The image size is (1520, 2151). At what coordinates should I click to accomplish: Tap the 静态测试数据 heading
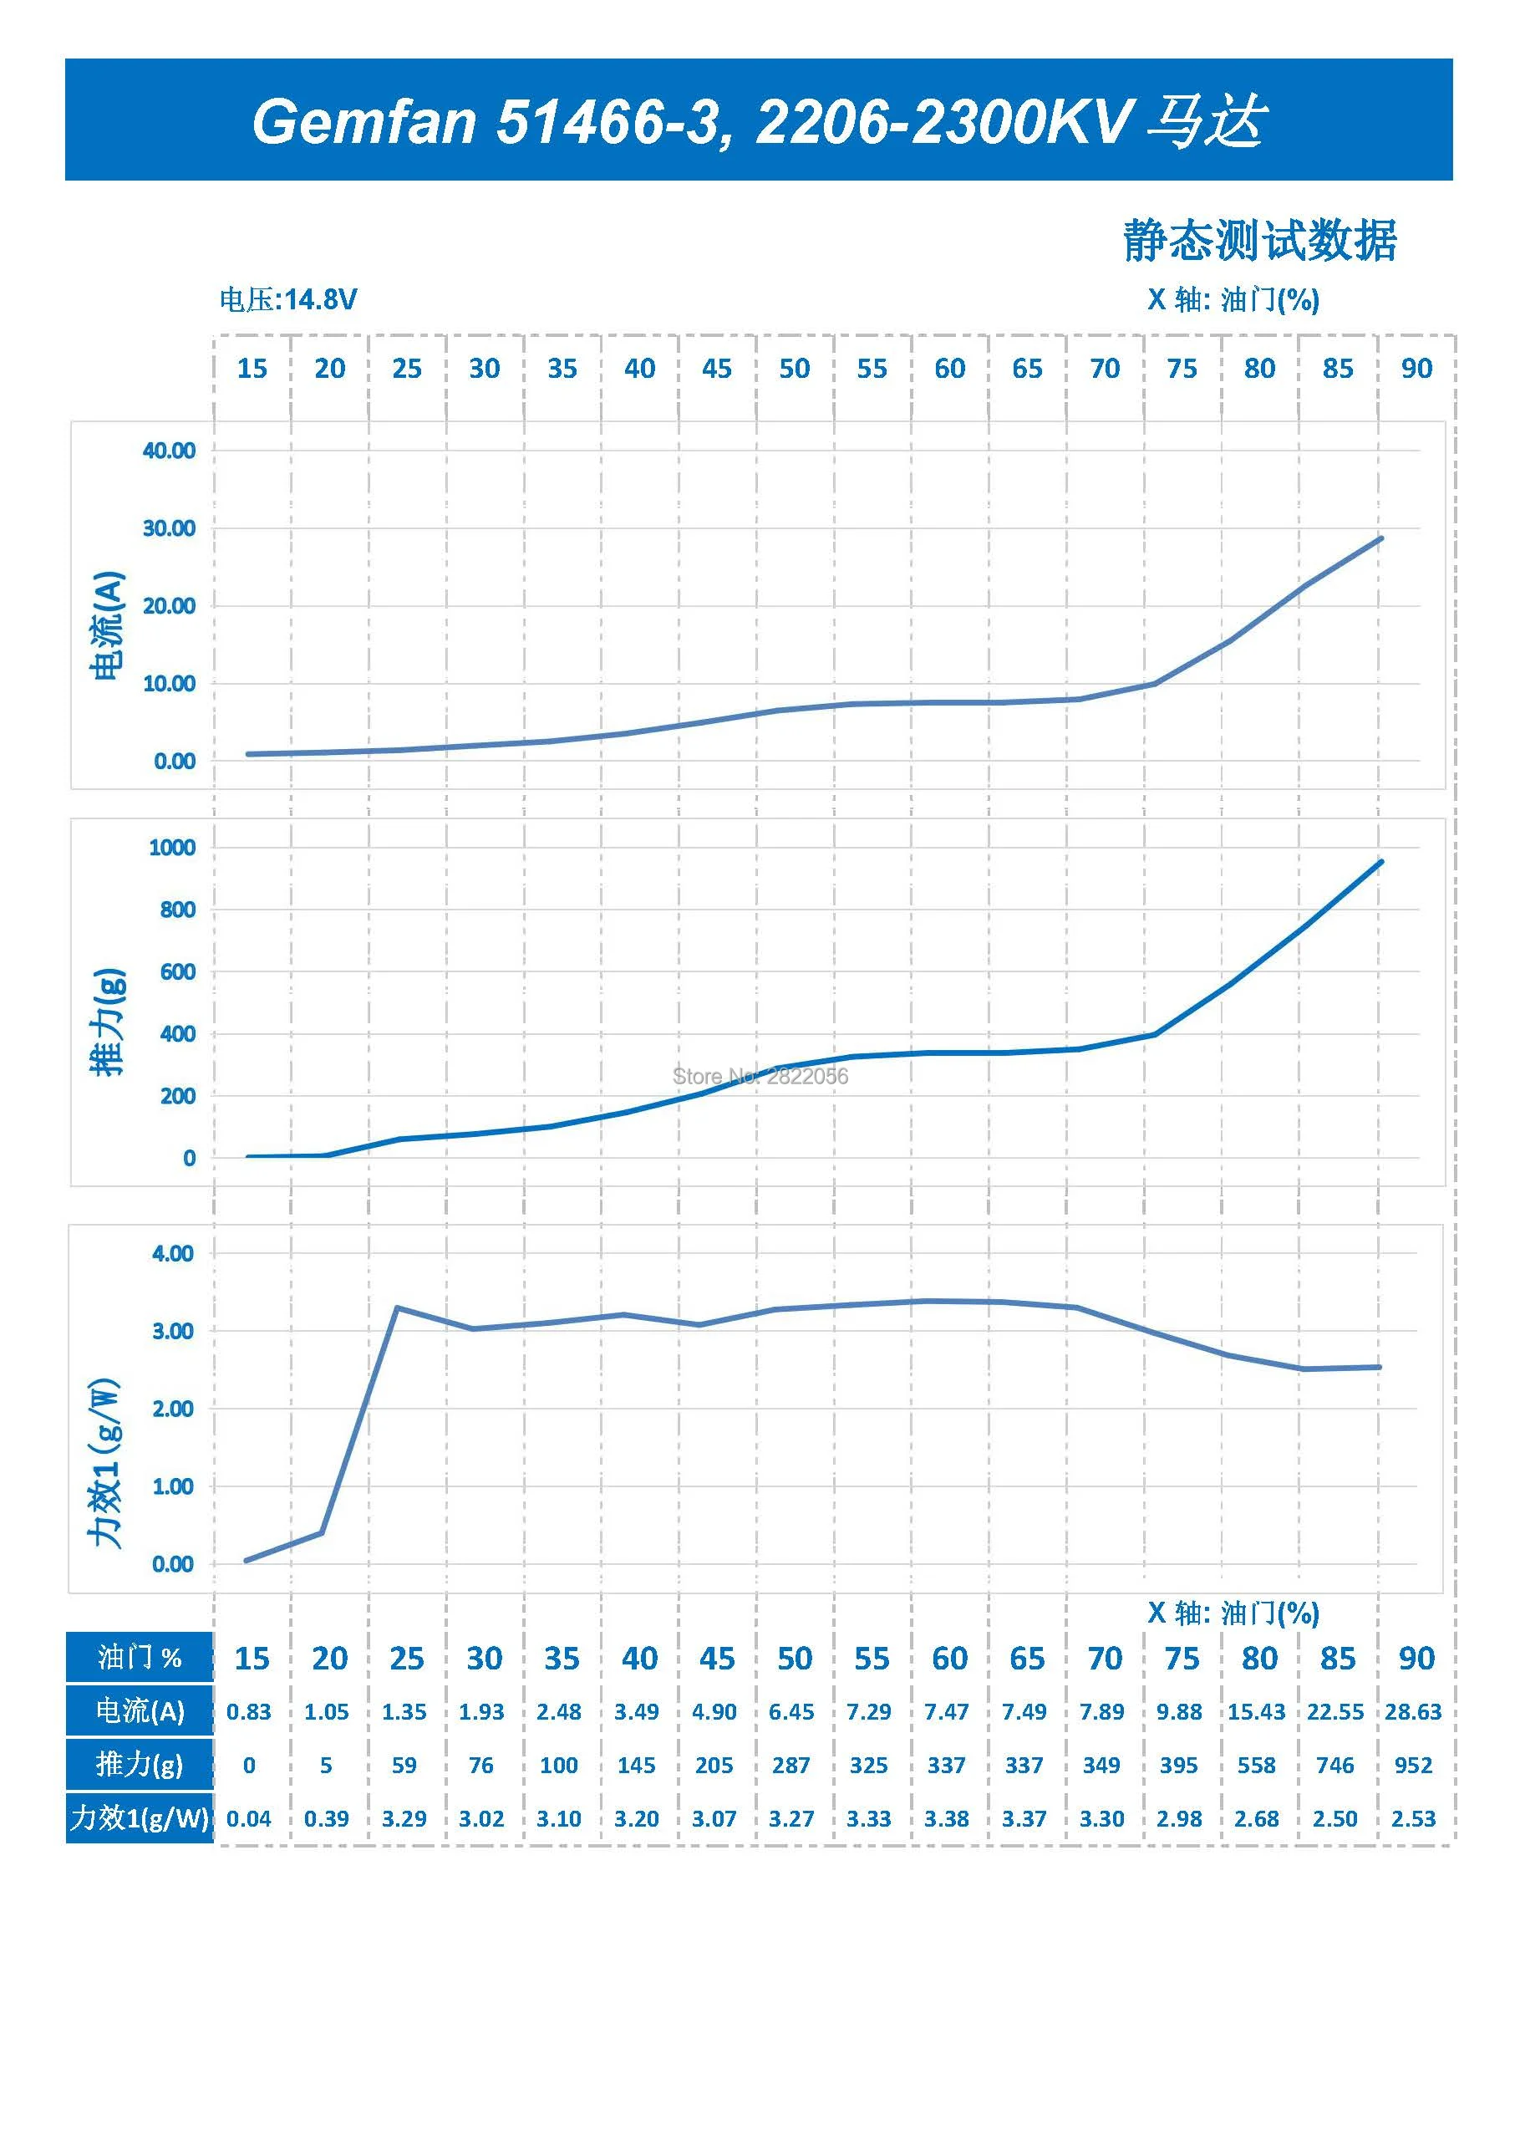tap(1259, 241)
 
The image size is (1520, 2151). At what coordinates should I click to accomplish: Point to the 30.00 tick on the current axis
tap(170, 528)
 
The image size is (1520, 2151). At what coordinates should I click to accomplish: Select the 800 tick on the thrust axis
tap(178, 910)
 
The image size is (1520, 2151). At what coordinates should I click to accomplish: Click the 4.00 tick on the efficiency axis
tap(173, 1253)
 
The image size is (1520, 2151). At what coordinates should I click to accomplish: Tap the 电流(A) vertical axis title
tap(107, 624)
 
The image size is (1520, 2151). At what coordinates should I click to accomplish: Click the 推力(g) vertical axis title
tap(107, 1022)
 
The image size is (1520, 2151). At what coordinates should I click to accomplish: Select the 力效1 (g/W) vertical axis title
tap(105, 1462)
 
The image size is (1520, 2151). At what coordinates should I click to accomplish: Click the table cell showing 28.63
tap(1413, 1711)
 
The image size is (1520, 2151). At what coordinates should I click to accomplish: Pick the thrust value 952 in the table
tap(1413, 1765)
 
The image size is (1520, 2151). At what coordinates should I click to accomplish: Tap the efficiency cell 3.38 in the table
tap(947, 1818)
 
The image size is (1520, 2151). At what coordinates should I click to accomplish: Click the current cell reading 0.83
tap(249, 1711)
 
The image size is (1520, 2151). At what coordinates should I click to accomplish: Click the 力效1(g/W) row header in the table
tap(140, 1818)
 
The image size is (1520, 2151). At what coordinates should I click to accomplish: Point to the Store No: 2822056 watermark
tap(760, 1077)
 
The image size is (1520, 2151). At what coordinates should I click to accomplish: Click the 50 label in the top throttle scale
tap(794, 368)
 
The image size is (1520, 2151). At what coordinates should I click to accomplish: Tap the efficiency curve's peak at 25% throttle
tap(398, 1307)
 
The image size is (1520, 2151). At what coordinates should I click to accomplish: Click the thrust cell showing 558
tap(1257, 1765)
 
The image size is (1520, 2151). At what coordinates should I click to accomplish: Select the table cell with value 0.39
tap(327, 1818)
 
